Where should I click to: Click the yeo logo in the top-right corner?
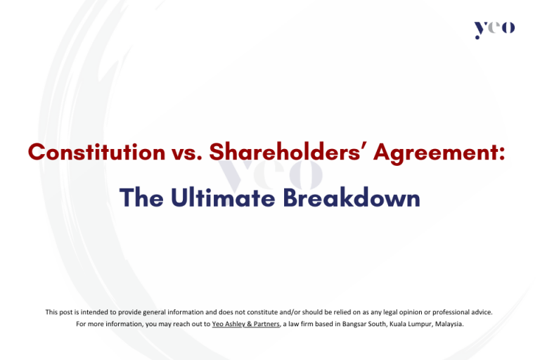[x=494, y=29]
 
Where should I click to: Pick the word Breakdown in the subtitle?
[x=352, y=198]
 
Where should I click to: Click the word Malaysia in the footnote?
[x=448, y=324]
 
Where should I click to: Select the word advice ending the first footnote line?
[x=482, y=311]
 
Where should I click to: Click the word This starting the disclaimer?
[x=52, y=311]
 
